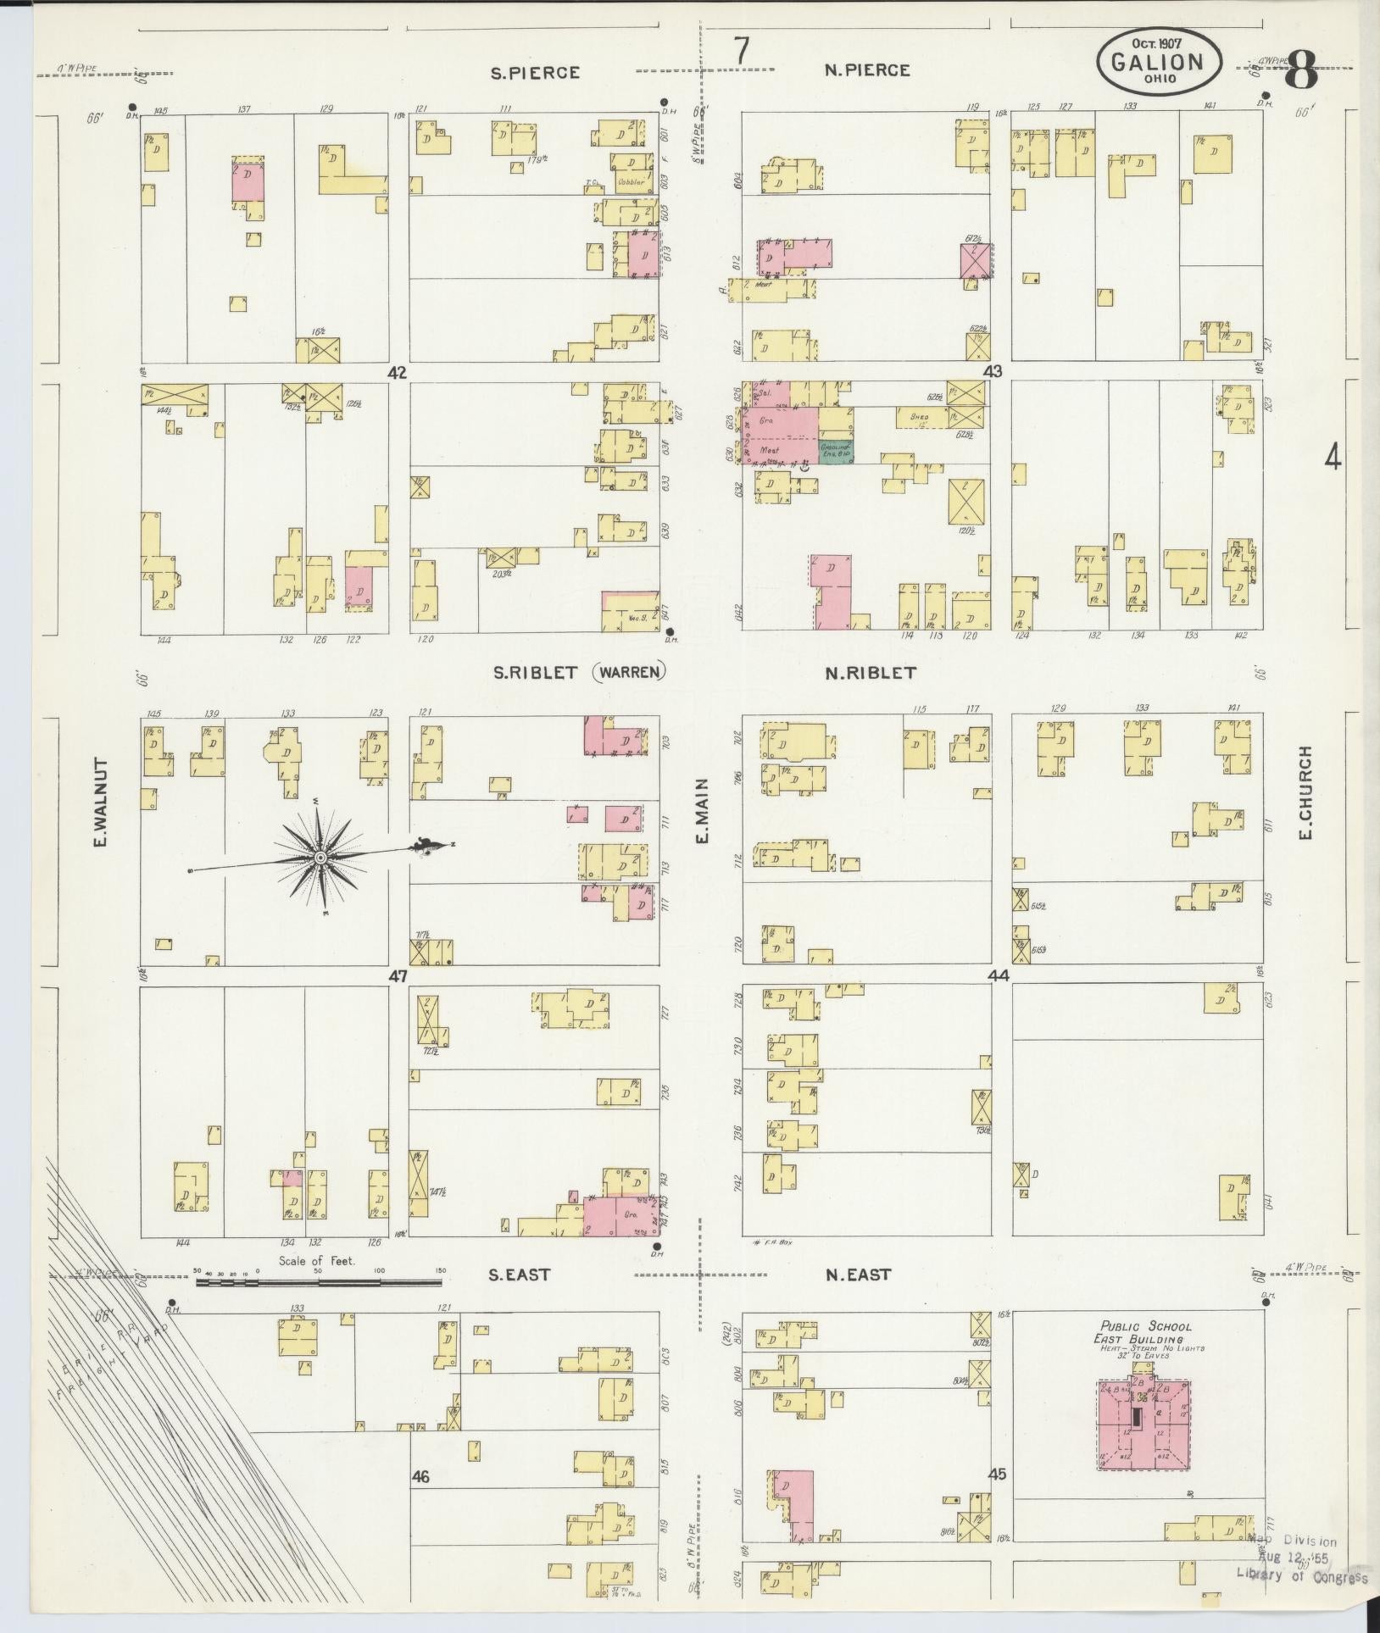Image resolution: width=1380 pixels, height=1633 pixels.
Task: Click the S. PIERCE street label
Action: [536, 73]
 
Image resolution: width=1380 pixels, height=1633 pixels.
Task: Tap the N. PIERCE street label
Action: [867, 70]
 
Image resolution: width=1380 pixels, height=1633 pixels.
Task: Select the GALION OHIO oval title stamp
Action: [1159, 62]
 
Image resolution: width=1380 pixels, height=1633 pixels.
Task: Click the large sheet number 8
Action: [1300, 73]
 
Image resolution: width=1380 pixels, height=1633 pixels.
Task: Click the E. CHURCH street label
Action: [1305, 793]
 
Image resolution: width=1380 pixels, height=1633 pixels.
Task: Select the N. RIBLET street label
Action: [871, 673]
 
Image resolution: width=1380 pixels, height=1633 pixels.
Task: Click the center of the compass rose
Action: [320, 858]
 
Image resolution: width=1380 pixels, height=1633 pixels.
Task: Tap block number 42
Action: [397, 372]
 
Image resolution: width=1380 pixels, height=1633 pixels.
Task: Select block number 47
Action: [398, 976]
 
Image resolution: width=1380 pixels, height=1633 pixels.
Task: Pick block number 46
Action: [420, 1477]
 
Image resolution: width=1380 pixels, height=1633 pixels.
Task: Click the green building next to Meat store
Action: [836, 451]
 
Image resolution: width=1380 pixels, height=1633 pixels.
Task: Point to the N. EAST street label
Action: [858, 1298]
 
